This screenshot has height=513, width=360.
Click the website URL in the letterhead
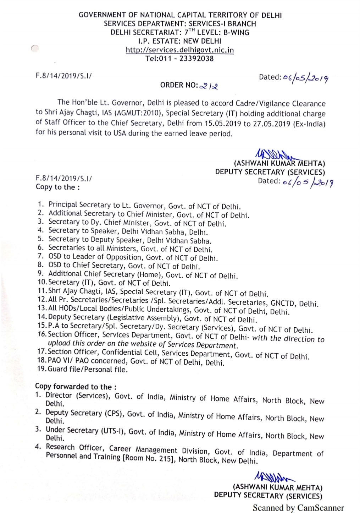tap(180, 50)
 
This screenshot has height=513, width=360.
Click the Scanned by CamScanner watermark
tap(298, 508)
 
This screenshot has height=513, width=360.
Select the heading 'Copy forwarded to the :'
tap(76, 387)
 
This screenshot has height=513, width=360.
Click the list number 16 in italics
tap(42, 334)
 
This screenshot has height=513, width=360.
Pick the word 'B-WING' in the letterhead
tap(236, 33)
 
